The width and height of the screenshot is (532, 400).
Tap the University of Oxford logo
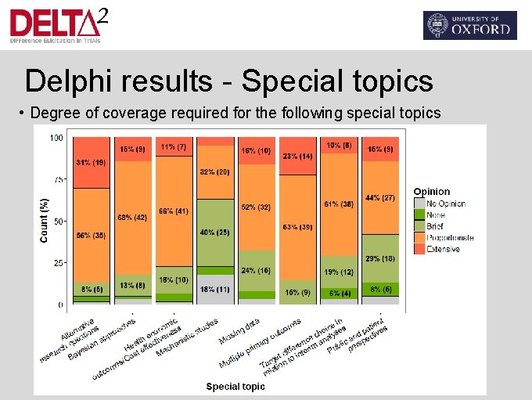click(x=469, y=25)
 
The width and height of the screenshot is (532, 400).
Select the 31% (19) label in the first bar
click(x=91, y=163)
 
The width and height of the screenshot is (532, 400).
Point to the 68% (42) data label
click(x=132, y=217)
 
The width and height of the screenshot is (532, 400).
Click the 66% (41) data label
click(x=173, y=211)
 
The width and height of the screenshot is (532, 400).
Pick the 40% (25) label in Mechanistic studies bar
click(x=215, y=232)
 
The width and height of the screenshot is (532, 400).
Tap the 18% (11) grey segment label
click(x=215, y=289)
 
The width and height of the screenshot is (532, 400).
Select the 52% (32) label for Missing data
click(x=256, y=207)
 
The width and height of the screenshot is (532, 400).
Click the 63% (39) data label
click(x=298, y=227)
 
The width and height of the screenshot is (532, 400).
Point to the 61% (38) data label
click(x=339, y=204)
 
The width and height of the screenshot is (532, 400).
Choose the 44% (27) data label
click(x=379, y=197)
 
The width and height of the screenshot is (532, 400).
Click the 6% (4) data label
click(x=339, y=293)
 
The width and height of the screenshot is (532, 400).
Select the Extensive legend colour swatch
click(x=419, y=249)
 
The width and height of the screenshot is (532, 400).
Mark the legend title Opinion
click(x=431, y=191)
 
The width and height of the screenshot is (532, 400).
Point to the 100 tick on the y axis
click(x=56, y=139)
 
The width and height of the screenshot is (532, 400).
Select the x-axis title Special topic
click(x=235, y=386)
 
